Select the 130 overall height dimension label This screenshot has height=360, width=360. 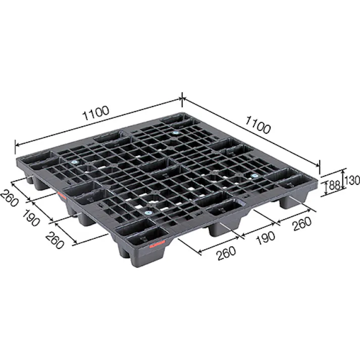(352, 179)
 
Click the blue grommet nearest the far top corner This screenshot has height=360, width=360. (176, 133)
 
